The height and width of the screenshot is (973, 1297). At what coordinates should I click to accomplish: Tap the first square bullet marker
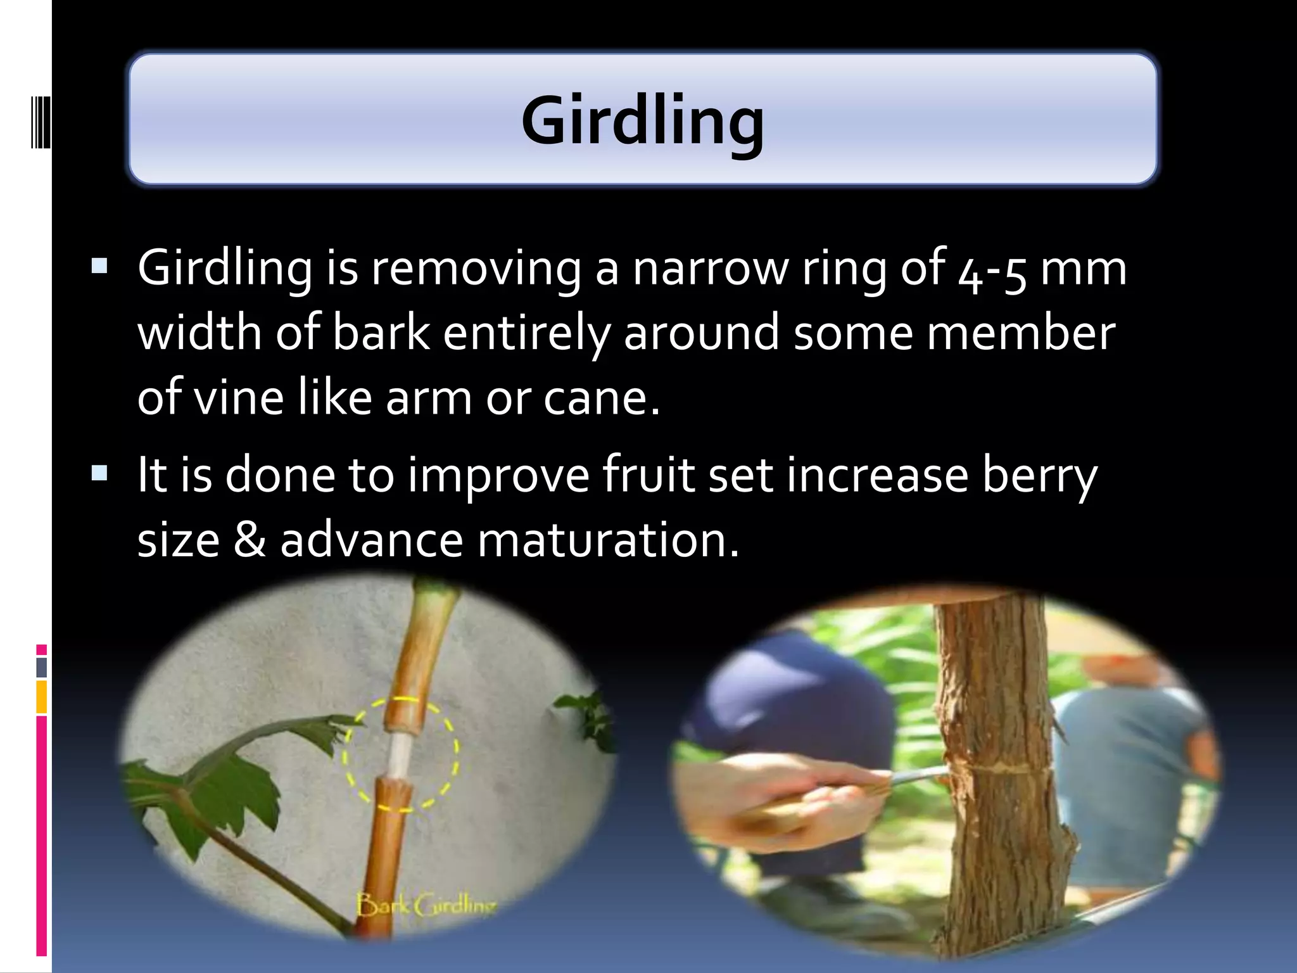99,265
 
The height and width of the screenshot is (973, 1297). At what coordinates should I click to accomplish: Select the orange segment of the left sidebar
41,697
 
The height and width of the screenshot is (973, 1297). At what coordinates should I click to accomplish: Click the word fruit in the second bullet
648,475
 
